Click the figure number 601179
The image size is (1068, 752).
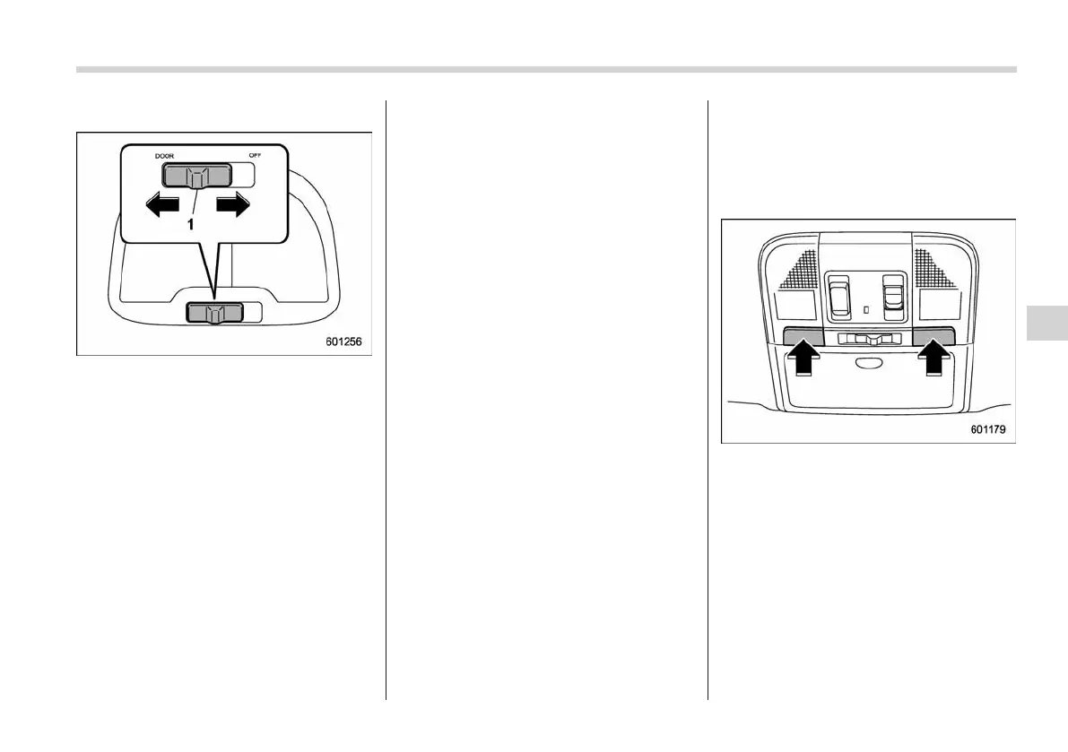coord(987,429)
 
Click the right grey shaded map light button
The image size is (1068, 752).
coord(934,336)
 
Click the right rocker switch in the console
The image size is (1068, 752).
coord(894,295)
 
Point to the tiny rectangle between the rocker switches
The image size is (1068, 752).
coord(866,310)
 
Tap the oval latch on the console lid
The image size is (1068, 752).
coord(867,363)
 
